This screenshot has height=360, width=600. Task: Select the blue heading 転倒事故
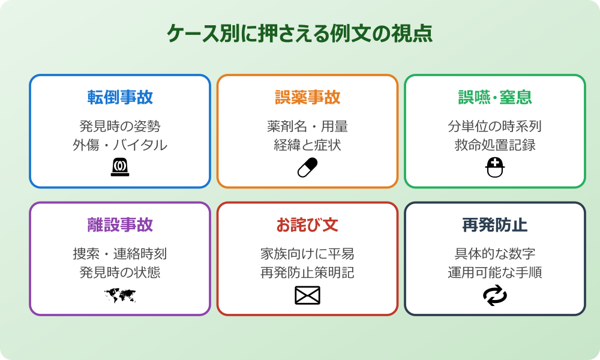pos(120,97)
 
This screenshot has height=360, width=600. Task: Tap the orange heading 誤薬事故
pos(307,97)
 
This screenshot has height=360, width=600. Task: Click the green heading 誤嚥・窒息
pos(495,97)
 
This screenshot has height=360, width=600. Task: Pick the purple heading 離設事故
pos(120,225)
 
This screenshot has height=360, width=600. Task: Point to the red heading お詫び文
pos(307,225)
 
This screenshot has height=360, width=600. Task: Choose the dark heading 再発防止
pos(495,225)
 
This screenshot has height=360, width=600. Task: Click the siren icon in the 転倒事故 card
pos(120,167)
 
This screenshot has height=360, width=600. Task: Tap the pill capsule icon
pos(307,168)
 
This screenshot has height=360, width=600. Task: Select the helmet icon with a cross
pos(495,167)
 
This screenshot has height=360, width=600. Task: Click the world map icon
pos(120,295)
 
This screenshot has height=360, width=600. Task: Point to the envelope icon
pos(307,295)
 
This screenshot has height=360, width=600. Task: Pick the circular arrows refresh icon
pos(495,295)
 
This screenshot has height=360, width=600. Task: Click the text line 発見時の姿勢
pos(120,127)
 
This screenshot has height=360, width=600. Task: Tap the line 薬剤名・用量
pos(307,127)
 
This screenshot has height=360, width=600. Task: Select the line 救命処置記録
pos(495,145)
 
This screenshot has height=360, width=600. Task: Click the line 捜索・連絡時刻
pos(120,254)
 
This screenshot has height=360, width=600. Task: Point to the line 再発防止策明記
pos(307,273)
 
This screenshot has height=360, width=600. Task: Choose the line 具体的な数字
pos(495,254)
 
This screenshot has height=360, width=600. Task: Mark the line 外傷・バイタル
pos(120,145)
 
